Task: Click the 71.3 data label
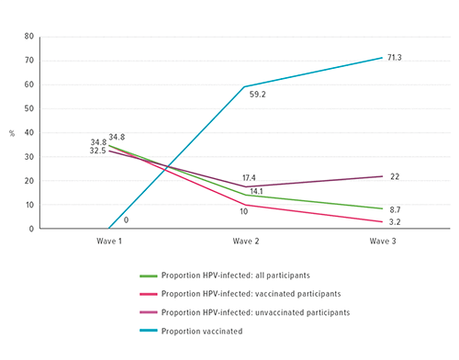click(407, 57)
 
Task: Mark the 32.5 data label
click(98, 151)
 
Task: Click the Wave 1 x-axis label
click(109, 242)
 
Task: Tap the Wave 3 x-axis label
click(383, 242)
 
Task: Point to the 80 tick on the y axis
click(29, 37)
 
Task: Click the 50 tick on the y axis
click(29, 108)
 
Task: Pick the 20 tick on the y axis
click(29, 181)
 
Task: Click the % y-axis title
click(12, 132)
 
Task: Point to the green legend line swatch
click(149, 275)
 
